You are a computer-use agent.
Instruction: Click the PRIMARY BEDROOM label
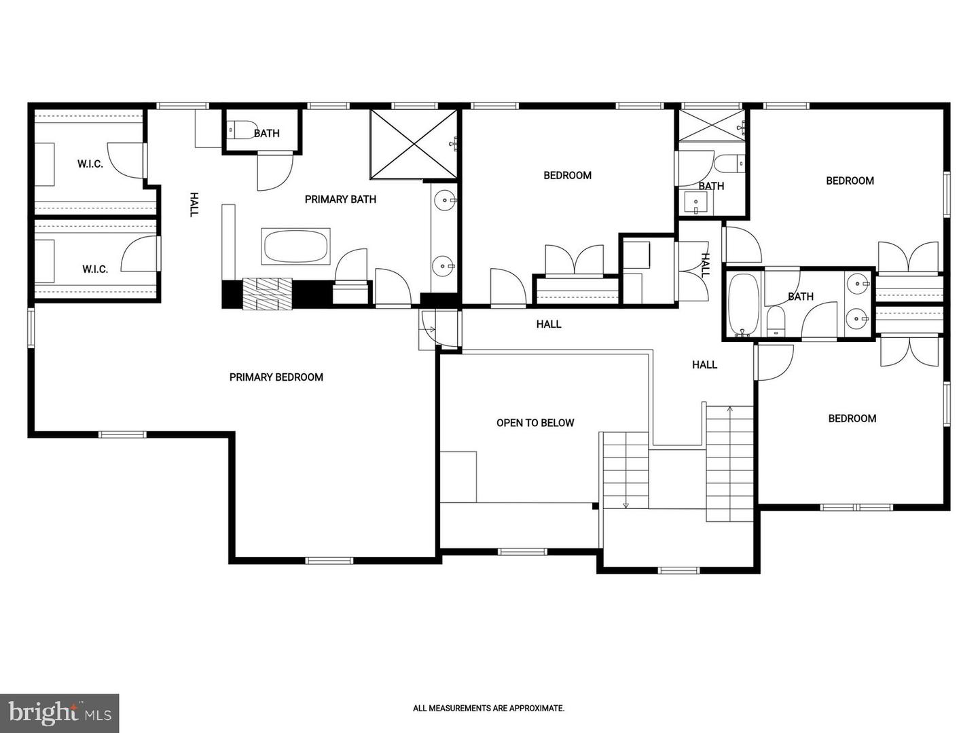point(276,377)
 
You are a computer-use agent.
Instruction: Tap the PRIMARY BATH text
point(340,199)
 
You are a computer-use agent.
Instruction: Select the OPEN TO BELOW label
point(535,423)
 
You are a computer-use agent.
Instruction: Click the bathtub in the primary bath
point(295,247)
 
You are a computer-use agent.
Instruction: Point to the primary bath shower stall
point(414,144)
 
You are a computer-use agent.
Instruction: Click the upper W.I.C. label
point(90,164)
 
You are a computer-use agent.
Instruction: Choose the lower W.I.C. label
point(95,269)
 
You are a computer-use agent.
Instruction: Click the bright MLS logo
point(60,713)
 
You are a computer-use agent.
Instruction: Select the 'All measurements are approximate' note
point(488,708)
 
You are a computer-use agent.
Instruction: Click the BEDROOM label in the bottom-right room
point(852,419)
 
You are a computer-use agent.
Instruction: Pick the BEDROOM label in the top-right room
point(850,181)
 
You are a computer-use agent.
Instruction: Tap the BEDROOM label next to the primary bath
point(567,175)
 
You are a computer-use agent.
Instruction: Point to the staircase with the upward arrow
point(730,462)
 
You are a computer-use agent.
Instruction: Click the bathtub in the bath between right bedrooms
point(743,303)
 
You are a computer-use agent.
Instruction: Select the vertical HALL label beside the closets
point(194,204)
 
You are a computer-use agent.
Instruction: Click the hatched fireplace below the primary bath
point(267,294)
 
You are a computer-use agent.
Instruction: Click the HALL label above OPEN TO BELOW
point(549,324)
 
